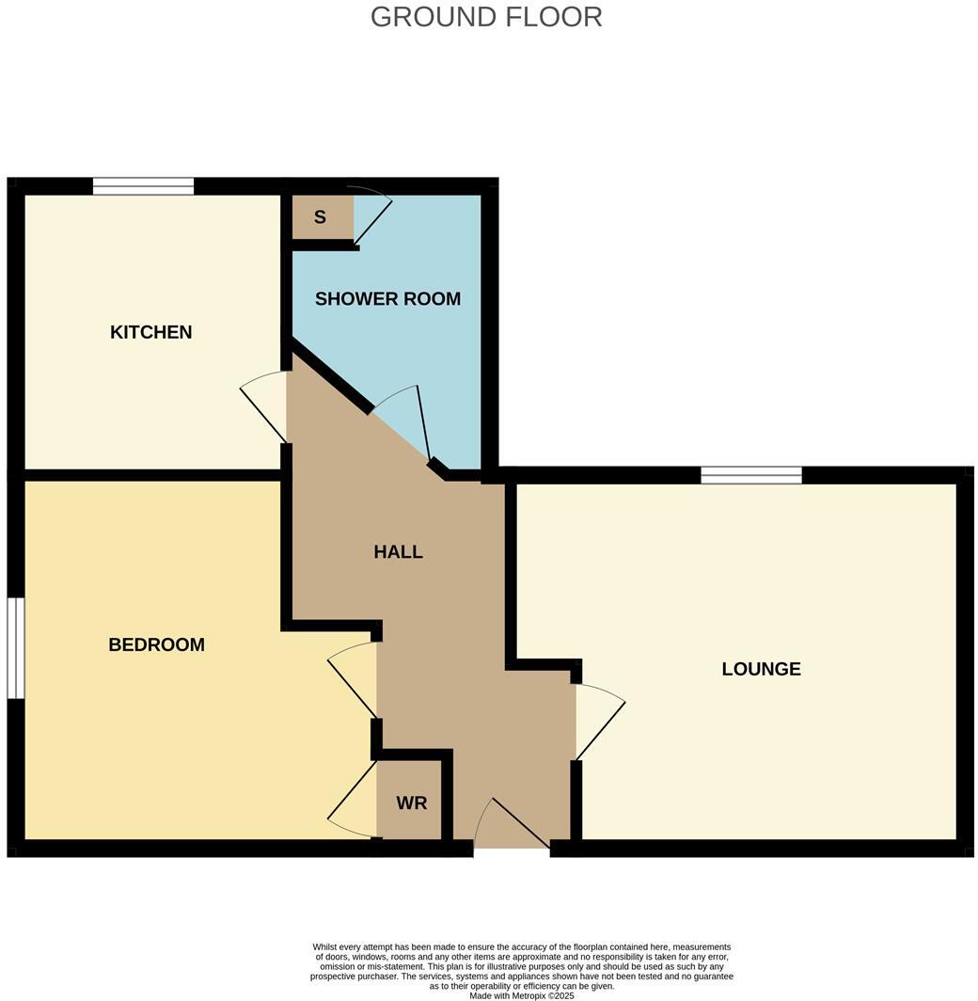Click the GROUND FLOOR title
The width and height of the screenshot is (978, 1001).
[486, 17]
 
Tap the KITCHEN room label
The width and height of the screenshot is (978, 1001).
[151, 332]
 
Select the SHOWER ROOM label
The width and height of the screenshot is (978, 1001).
[387, 299]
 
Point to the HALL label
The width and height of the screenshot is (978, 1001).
[398, 552]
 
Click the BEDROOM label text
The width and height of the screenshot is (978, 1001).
[156, 645]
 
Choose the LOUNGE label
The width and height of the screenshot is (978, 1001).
[761, 669]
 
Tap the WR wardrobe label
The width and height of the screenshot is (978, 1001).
[411, 803]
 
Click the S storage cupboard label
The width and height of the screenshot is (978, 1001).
[320, 217]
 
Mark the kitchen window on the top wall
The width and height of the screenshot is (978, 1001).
[143, 186]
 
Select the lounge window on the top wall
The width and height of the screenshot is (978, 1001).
[750, 475]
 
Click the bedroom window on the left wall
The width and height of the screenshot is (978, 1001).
[15, 648]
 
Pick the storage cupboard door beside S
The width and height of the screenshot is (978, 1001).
[371, 215]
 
